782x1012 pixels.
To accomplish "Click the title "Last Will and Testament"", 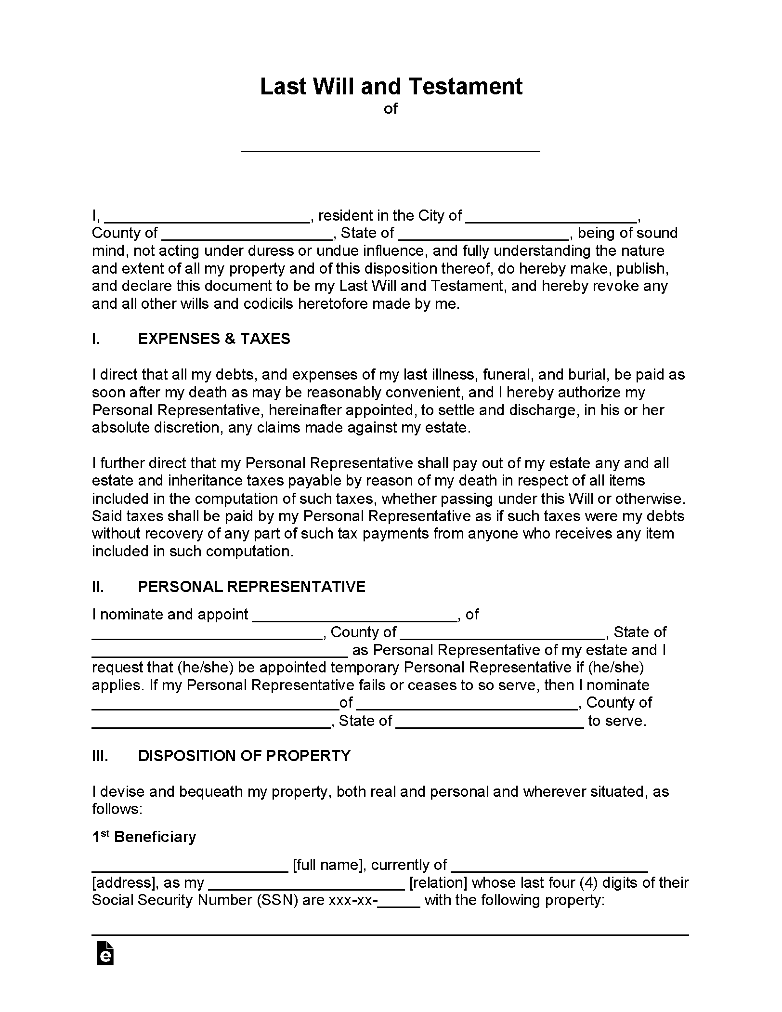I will tap(391, 87).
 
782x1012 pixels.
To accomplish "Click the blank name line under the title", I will tap(391, 147).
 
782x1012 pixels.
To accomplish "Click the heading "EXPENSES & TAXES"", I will tap(214, 339).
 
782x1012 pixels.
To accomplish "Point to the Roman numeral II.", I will tap(98, 587).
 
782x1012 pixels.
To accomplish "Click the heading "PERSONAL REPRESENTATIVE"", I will tap(251, 587).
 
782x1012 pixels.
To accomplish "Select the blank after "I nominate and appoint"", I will tap(354, 617).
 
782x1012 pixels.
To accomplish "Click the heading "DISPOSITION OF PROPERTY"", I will tap(244, 755).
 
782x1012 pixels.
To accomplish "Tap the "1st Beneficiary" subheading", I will tap(144, 837).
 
